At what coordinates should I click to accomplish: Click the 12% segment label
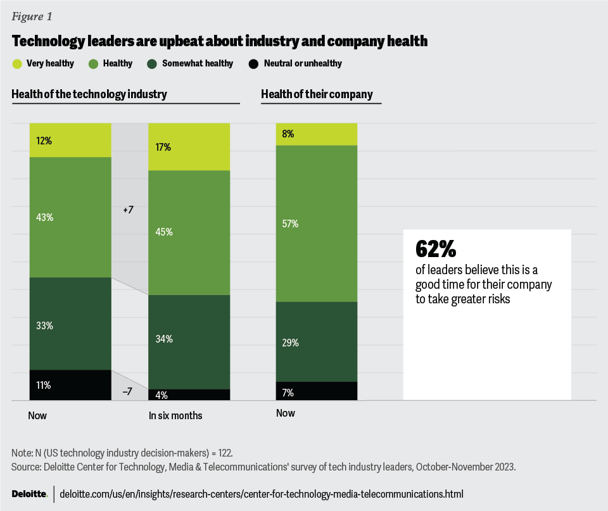click(x=44, y=141)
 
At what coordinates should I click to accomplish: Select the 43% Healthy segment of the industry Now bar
click(x=70, y=217)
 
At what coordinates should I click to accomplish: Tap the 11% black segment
click(x=70, y=385)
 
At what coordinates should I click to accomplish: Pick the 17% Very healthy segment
click(x=189, y=147)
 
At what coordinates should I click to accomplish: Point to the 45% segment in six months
click(x=189, y=232)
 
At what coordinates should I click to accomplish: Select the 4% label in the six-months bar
click(x=161, y=395)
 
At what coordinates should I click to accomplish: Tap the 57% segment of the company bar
click(x=316, y=224)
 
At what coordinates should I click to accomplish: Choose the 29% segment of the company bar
click(x=316, y=342)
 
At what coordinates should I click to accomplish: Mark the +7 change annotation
click(x=128, y=209)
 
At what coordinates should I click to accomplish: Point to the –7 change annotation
click(x=127, y=391)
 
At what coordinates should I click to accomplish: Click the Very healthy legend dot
click(x=17, y=63)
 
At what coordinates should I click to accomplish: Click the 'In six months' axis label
click(x=175, y=416)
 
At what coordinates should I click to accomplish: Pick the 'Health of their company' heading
click(x=317, y=94)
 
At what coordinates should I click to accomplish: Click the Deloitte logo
click(x=29, y=493)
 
